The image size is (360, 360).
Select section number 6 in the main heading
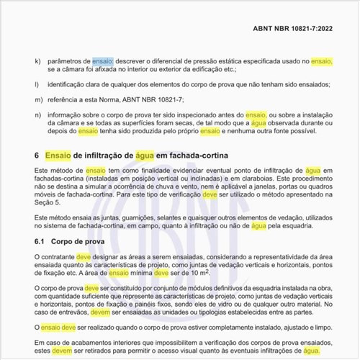point(37,155)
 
